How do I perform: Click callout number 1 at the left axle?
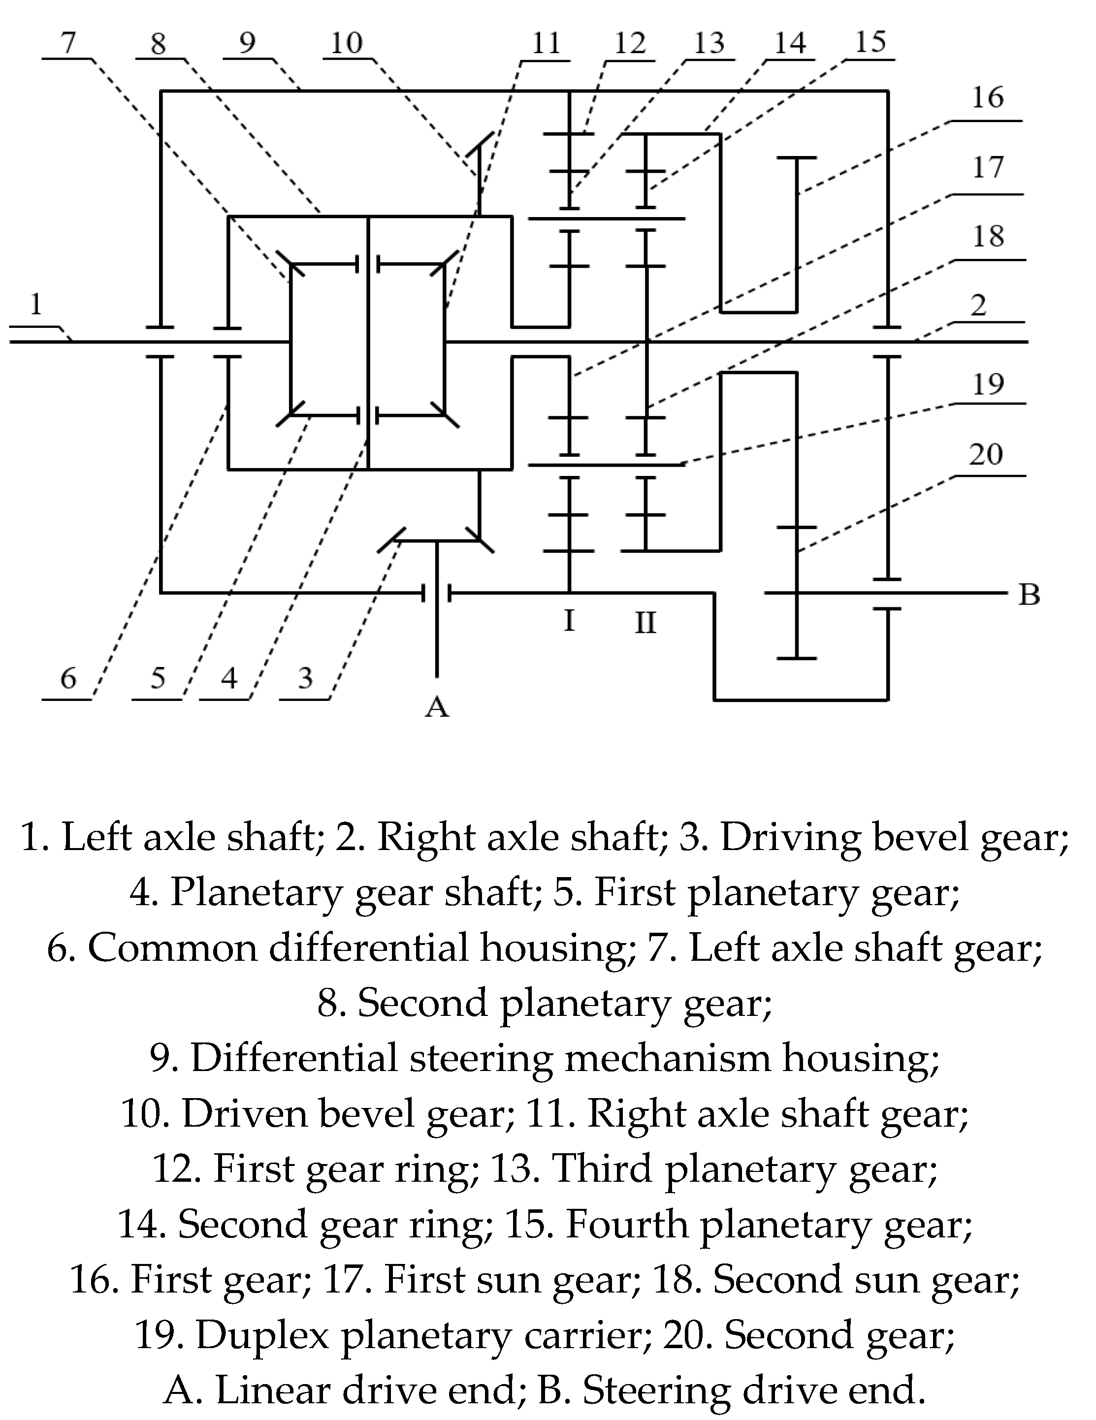[36, 304]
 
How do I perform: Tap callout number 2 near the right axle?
[978, 305]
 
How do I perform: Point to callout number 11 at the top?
[545, 44]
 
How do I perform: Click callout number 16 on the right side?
[987, 97]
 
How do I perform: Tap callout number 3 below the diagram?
[305, 678]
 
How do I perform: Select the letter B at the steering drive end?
[1029, 594]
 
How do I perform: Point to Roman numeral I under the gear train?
[569, 621]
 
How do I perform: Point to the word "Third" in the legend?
[602, 1169]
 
